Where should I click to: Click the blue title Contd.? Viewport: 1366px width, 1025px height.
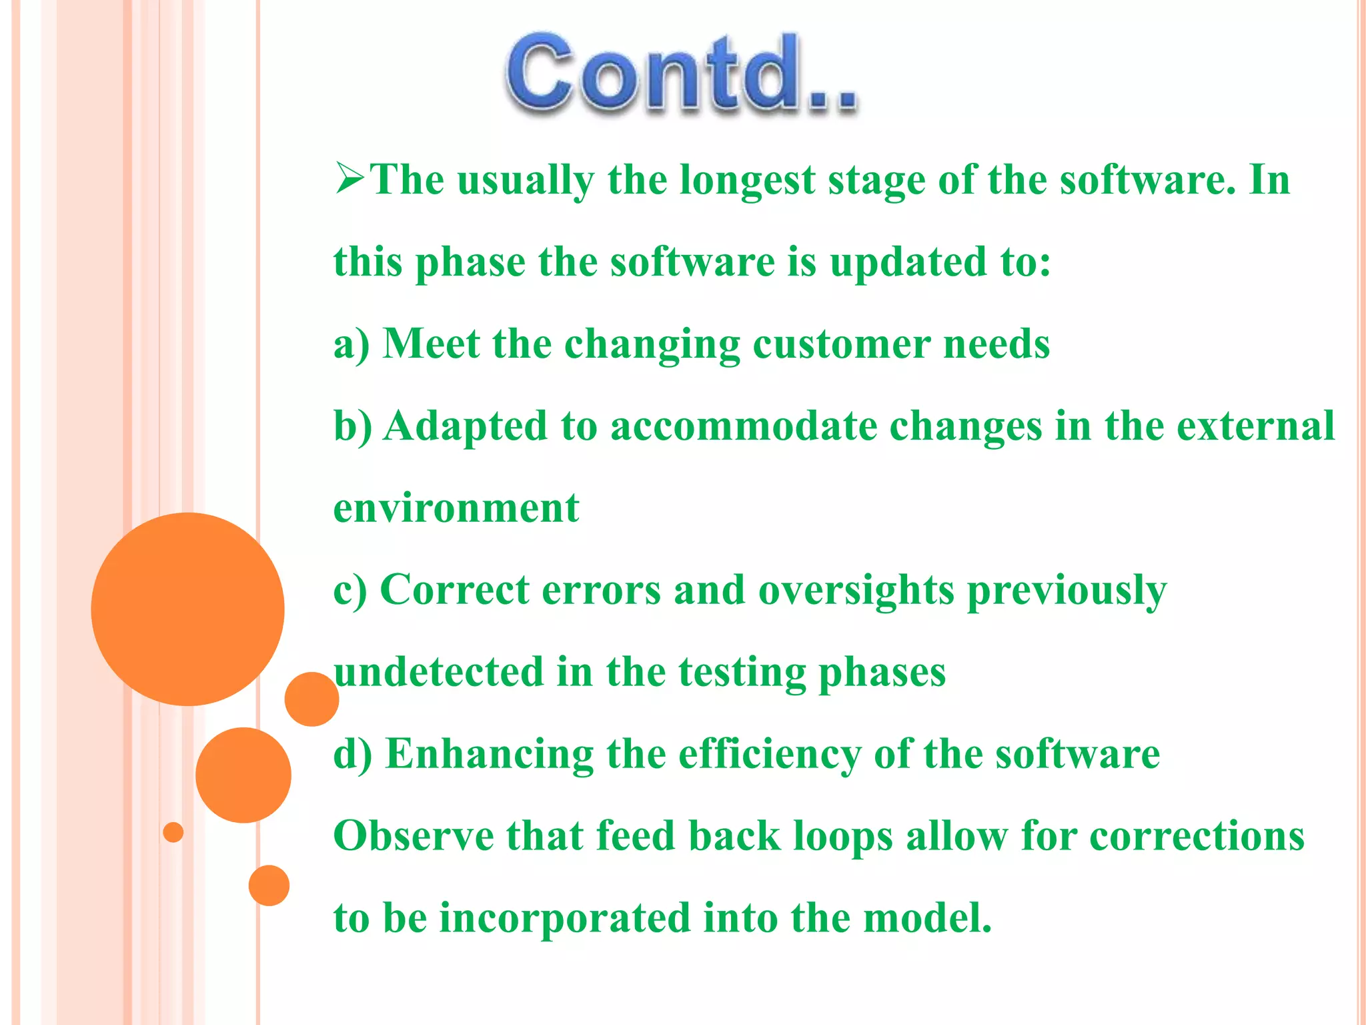pos(680,73)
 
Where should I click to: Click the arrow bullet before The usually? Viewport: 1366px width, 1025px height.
pos(350,178)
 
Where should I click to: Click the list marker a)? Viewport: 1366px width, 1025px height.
pos(351,344)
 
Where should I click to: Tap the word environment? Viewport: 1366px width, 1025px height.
pos(456,508)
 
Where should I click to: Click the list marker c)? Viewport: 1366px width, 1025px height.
pos(350,590)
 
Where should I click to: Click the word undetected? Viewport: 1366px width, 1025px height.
pos(438,672)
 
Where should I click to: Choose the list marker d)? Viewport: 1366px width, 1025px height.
pos(352,754)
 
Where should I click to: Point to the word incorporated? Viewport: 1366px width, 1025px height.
pos(564,918)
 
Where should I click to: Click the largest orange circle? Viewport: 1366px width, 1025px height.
pos(187,609)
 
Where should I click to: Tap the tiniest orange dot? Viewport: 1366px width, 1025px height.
pos(173,832)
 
